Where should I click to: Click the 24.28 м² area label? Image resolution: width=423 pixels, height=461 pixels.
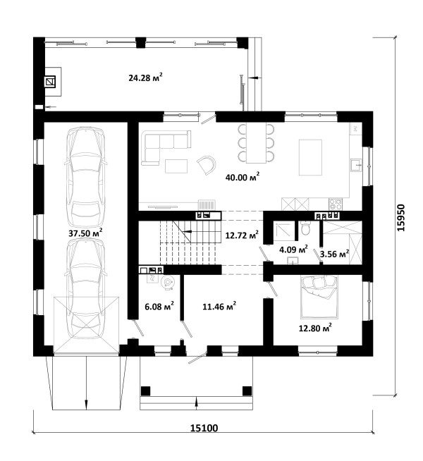tap(145, 78)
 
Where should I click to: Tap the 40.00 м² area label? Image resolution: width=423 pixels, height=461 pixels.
tap(243, 177)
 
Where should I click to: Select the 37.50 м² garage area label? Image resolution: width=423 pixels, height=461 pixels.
tap(85, 233)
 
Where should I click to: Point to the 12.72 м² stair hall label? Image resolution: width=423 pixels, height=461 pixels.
tap(242, 235)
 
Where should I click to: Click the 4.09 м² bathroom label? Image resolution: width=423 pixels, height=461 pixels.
tap(293, 250)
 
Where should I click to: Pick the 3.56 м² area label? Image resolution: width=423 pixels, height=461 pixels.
tap(334, 254)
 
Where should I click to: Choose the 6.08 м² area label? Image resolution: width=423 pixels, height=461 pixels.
tap(159, 307)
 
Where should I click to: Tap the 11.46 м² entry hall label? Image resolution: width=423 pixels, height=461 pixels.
tap(219, 307)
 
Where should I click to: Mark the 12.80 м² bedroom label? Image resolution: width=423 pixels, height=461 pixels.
tap(315, 328)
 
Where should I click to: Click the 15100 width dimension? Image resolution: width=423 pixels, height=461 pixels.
tap(204, 428)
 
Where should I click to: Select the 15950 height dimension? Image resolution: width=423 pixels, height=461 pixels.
tap(400, 218)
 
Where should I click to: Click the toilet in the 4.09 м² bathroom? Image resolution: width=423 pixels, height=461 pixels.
tap(306, 228)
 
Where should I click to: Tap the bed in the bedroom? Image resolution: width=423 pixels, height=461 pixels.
tap(319, 297)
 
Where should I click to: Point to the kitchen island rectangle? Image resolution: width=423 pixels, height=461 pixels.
tap(310, 157)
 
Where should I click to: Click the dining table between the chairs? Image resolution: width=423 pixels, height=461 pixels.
tap(256, 143)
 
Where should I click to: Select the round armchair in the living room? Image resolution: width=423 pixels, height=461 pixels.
tap(206, 165)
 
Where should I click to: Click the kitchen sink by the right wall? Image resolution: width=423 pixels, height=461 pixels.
tap(356, 165)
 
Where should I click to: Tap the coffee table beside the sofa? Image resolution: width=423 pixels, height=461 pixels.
tap(176, 166)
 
